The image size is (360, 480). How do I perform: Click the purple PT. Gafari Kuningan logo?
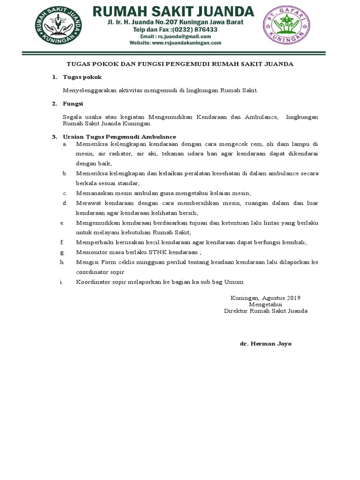point(287,25)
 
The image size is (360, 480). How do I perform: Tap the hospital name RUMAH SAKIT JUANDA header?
point(173,11)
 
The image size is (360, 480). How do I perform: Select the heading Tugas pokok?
point(82,77)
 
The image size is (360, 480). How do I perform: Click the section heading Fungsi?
point(73,104)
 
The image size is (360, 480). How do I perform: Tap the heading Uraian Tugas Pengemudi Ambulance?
point(120,137)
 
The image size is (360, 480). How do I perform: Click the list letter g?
point(62,252)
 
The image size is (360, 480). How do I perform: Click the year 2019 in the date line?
point(293,298)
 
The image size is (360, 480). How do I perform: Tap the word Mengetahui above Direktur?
point(265,304)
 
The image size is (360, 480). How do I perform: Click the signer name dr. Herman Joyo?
point(265,344)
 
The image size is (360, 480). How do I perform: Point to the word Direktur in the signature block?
point(236,311)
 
